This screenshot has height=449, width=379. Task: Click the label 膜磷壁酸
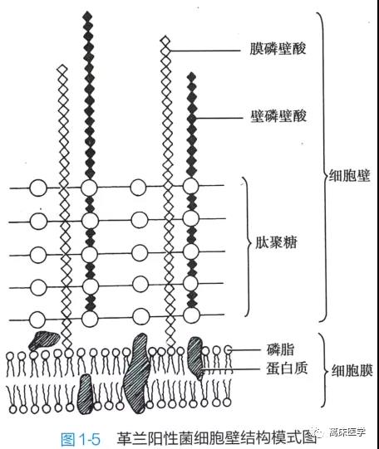tap(278, 49)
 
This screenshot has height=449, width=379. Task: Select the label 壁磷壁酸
tap(278, 116)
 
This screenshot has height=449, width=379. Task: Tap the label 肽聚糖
tap(276, 242)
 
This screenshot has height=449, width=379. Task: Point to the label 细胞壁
tap(349, 176)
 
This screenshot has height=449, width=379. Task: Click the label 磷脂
tap(280, 349)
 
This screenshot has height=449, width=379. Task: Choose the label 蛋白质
tap(287, 368)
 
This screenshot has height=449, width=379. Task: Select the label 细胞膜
tap(352, 371)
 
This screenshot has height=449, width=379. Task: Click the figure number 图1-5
tap(81, 439)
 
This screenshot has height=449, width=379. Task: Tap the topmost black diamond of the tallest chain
tap(88, 16)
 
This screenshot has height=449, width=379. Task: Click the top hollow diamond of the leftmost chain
tap(62, 69)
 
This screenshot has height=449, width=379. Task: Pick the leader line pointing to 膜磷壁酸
tap(204, 51)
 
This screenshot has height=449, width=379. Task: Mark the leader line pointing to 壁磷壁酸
tap(218, 118)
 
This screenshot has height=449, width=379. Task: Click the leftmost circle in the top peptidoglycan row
tap(38, 188)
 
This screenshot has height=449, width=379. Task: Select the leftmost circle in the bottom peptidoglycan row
tap(37, 320)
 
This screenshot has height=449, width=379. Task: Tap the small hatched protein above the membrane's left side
tap(43, 340)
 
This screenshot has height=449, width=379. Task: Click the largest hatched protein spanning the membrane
tap(137, 373)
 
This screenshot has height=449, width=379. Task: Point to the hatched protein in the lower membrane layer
tap(85, 393)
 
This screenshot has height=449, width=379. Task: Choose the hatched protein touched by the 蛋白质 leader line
tap(196, 358)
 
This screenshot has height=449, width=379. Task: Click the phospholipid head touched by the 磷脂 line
tap(228, 349)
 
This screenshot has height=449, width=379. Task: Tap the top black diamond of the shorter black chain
tap(191, 76)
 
